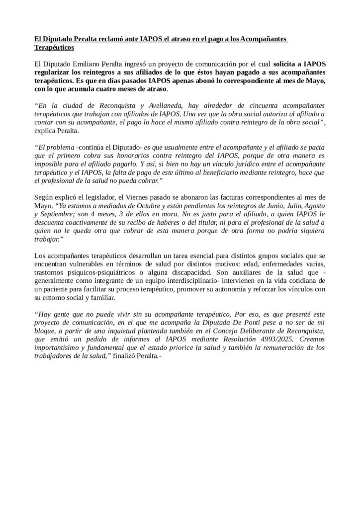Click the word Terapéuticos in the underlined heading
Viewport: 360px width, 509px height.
click(54, 48)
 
